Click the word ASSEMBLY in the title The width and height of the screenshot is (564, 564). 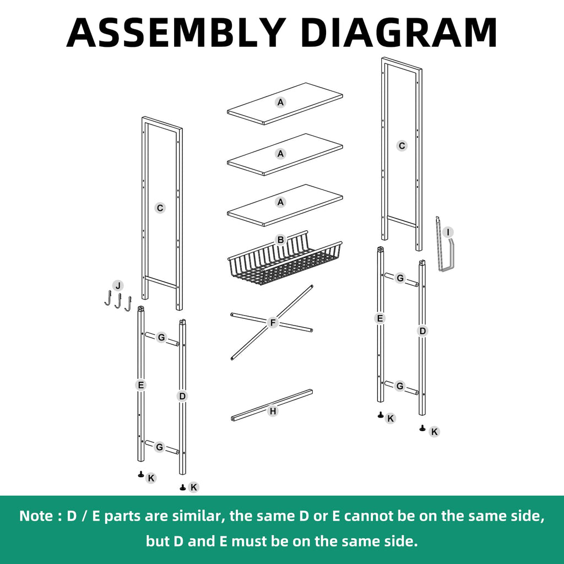(177, 32)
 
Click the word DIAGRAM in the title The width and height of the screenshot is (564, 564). (399, 32)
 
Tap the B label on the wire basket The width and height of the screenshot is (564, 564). (280, 240)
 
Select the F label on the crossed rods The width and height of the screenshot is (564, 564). (273, 323)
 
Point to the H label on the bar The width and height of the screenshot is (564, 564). (273, 411)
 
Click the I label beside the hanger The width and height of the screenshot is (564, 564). (448, 232)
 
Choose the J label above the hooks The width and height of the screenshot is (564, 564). (118, 286)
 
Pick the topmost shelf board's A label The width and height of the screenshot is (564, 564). (280, 102)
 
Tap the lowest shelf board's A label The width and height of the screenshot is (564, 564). (280, 203)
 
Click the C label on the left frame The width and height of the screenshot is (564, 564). (160, 208)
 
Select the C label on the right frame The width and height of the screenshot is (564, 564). (402, 146)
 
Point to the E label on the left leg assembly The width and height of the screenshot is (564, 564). (141, 385)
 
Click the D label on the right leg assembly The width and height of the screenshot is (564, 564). (422, 331)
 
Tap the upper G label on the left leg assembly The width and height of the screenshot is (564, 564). (161, 338)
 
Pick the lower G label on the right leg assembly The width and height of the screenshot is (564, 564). (400, 386)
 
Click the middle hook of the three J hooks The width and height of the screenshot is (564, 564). (118, 301)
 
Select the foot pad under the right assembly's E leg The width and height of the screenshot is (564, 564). (381, 415)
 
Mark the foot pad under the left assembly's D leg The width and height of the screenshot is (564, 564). (183, 487)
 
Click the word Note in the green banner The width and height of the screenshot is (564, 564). (36, 516)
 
